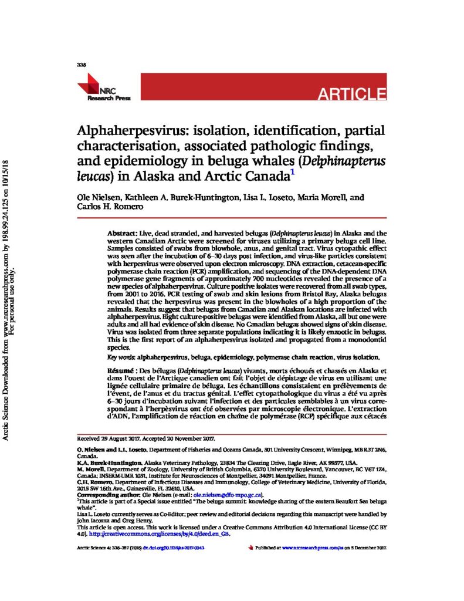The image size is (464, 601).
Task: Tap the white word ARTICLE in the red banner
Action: click(x=352, y=93)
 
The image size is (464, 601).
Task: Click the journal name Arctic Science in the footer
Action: click(x=92, y=547)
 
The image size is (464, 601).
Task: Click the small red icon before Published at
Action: click(x=250, y=547)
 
